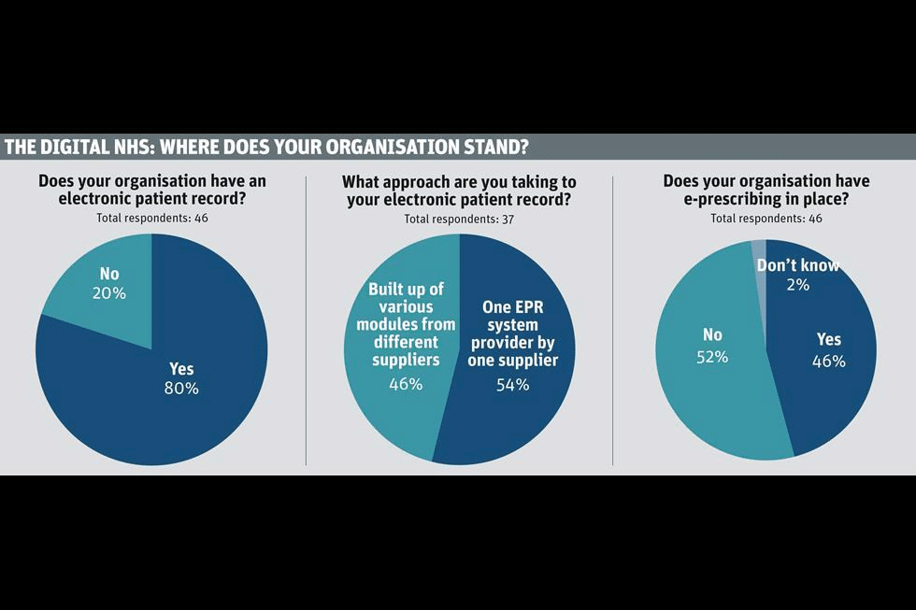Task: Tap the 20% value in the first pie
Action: pyautogui.click(x=110, y=293)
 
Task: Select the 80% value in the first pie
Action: pyautogui.click(x=180, y=388)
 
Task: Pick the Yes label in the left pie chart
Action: pyautogui.click(x=180, y=367)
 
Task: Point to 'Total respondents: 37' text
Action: pyautogui.click(x=459, y=219)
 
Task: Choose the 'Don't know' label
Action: pyautogui.click(x=797, y=266)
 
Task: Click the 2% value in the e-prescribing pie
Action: pyautogui.click(x=796, y=285)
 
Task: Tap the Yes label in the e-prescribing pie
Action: pyautogui.click(x=829, y=340)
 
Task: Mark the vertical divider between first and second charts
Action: pyautogui.click(x=307, y=318)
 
